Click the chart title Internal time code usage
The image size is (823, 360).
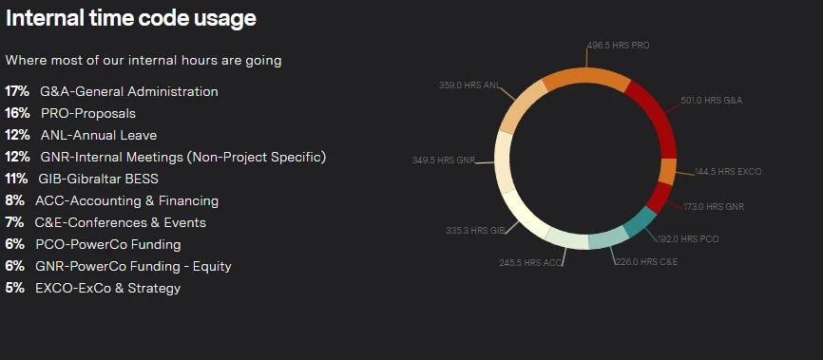coord(131,18)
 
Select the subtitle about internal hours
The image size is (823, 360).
coord(144,61)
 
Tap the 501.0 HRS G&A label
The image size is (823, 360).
coord(712,101)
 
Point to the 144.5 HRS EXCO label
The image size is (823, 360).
coord(728,172)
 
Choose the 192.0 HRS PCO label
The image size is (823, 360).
coord(688,238)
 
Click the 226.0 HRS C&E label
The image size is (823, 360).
coord(646,262)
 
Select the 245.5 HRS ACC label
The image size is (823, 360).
coord(530,262)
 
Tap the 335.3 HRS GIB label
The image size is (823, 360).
coord(475,231)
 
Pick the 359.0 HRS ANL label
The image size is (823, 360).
coord(469,85)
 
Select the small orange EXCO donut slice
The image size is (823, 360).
coord(667,172)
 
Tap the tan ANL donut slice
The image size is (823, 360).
coord(521,106)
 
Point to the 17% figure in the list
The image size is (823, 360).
coord(17,92)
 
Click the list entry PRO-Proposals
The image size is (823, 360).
coord(88,114)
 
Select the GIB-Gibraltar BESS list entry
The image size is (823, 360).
coord(98,179)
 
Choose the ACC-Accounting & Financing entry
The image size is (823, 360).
coord(127,201)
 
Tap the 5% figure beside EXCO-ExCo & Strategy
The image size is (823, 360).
coord(14,288)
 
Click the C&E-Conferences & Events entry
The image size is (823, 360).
coord(120,222)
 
